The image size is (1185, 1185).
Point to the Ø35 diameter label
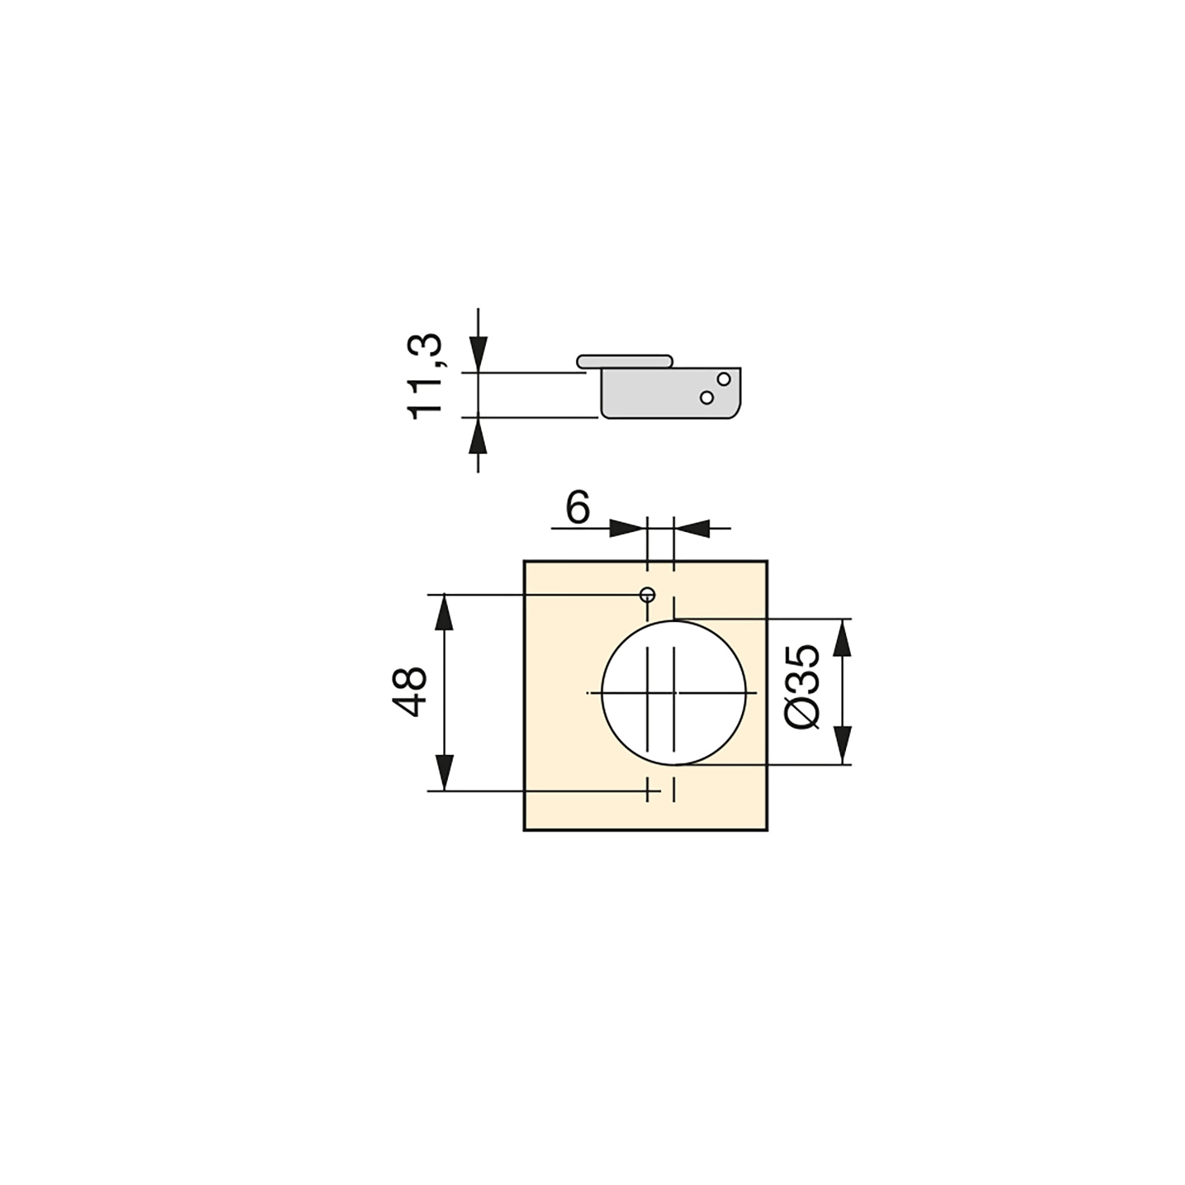tap(802, 687)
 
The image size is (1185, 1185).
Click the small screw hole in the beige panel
tap(648, 594)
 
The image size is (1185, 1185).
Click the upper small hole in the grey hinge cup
tap(724, 379)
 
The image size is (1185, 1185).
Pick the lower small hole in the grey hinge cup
tap(707, 398)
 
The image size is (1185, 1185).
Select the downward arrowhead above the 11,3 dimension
tap(478, 354)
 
